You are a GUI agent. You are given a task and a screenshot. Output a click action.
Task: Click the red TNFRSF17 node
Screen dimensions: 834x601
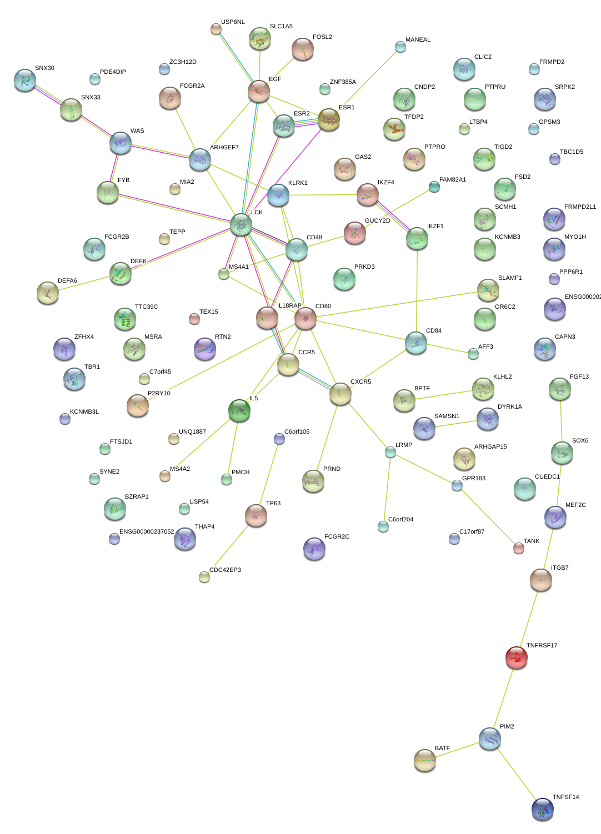click(517, 657)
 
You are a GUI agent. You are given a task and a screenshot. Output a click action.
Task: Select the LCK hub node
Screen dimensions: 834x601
click(241, 224)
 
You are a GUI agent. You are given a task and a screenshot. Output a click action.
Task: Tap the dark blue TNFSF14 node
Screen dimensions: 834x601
click(542, 809)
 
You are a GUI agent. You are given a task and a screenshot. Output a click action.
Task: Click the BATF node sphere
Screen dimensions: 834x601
click(425, 760)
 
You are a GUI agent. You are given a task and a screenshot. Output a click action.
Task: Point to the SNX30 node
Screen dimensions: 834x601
click(25, 81)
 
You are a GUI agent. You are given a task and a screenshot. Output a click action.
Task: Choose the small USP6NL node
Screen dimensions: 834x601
click(216, 29)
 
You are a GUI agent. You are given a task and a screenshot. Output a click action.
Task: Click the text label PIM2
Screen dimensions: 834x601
click(507, 726)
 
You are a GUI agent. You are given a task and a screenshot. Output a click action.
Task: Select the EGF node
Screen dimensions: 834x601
click(259, 91)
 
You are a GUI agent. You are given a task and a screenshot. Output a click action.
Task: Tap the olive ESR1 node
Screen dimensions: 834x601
click(329, 119)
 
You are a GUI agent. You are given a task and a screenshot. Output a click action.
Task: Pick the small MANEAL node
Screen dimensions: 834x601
click(400, 47)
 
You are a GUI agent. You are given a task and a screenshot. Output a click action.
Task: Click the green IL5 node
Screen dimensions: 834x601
click(239, 410)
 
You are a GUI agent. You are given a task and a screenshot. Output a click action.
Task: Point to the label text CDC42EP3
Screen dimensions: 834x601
click(225, 570)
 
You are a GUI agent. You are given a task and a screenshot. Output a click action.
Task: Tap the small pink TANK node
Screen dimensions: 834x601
click(518, 548)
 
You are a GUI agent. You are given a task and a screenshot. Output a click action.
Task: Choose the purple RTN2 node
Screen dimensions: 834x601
click(205, 349)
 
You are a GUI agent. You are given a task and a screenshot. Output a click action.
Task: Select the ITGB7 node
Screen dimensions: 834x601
click(540, 580)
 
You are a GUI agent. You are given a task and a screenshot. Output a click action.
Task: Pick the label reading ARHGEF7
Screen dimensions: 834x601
click(224, 147)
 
